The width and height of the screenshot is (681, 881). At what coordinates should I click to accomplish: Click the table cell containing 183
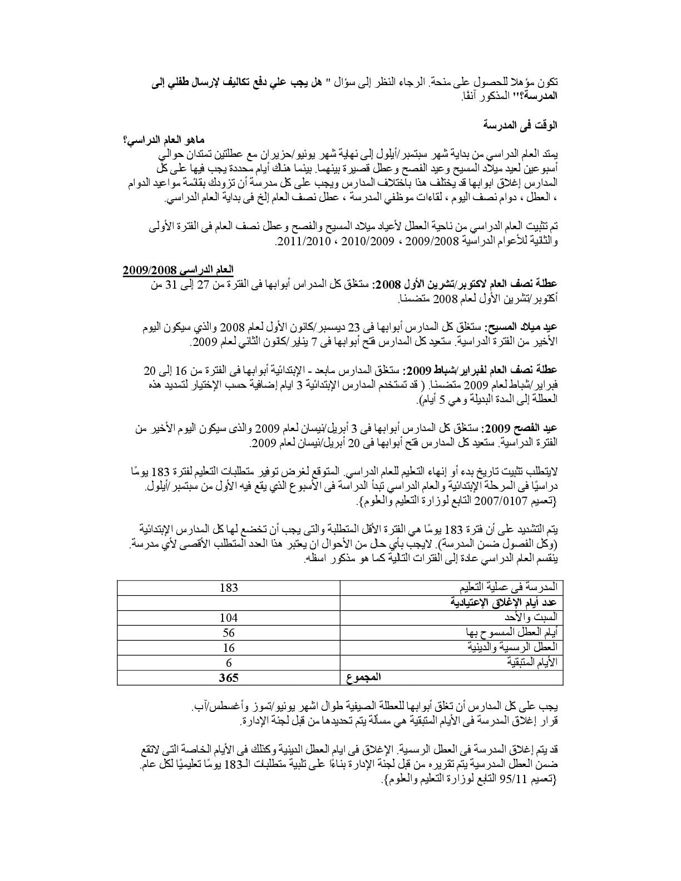(229, 587)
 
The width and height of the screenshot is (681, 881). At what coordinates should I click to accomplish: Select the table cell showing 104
(229, 617)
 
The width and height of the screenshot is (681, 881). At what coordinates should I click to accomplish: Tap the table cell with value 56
(229, 632)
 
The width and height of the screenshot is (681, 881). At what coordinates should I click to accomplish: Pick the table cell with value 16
(229, 647)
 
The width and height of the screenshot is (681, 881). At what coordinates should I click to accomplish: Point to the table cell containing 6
(229, 662)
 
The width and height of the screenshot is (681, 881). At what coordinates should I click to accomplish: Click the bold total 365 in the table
(229, 677)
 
